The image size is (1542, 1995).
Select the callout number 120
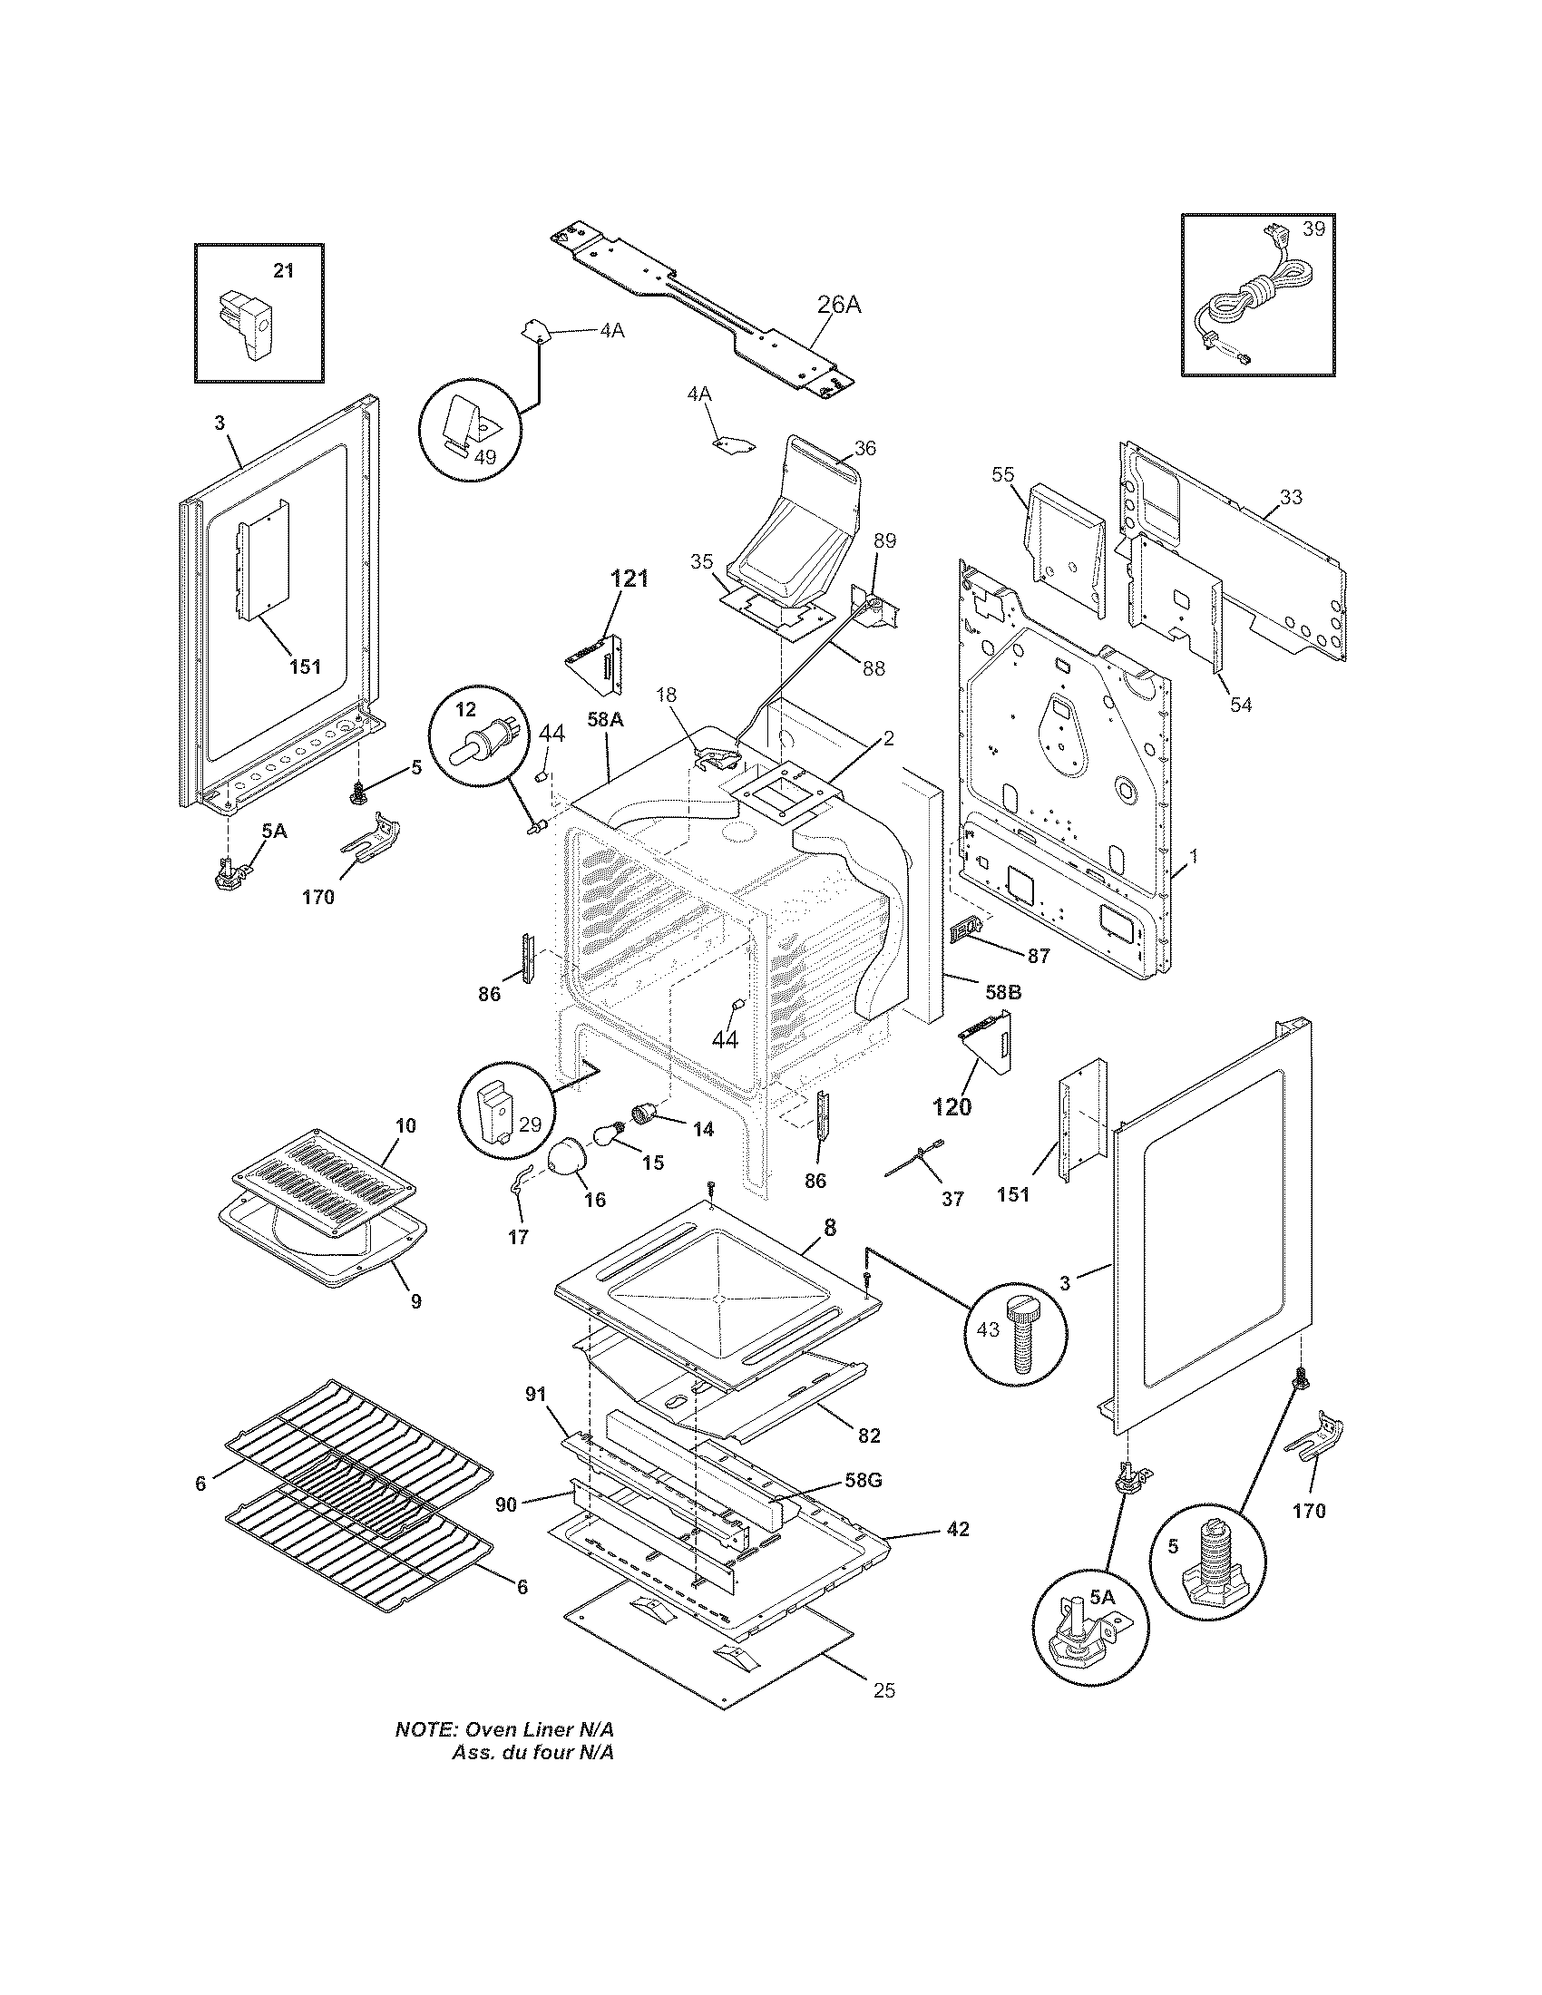[951, 1107]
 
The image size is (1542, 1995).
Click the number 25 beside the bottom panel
[883, 1691]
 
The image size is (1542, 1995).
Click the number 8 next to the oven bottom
[829, 1228]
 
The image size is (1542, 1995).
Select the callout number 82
[869, 1436]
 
